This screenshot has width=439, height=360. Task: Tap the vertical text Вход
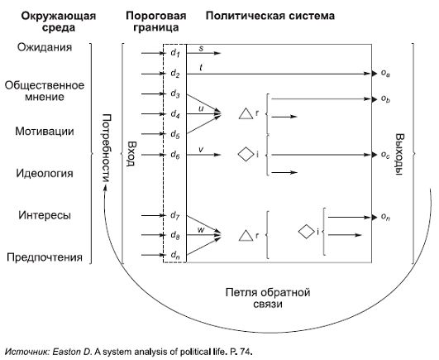130,154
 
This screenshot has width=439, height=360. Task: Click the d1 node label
174,53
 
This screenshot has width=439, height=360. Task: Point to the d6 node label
174,154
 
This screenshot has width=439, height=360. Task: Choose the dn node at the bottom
174,255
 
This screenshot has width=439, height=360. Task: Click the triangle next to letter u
245,113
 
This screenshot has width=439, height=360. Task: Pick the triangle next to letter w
245,236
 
